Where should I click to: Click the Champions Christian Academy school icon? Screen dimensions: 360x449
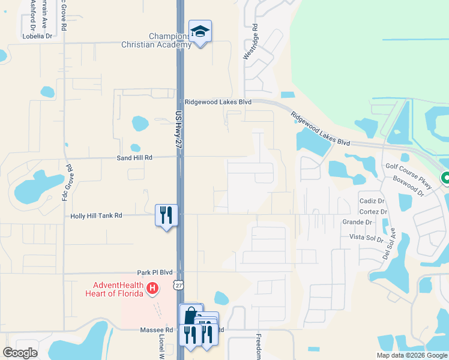(200, 31)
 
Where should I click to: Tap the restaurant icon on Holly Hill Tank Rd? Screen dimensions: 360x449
(166, 214)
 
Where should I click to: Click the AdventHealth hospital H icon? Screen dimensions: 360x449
(152, 289)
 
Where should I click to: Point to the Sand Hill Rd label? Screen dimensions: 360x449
(135, 157)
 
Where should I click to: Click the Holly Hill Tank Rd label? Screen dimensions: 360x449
(96, 215)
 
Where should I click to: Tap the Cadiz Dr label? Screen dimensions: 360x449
(372, 201)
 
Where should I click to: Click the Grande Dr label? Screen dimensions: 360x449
(357, 222)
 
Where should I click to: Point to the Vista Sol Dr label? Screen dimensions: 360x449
(367, 238)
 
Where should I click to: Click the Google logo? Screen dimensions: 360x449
(20, 353)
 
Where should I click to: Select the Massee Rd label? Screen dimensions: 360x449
(156, 330)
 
